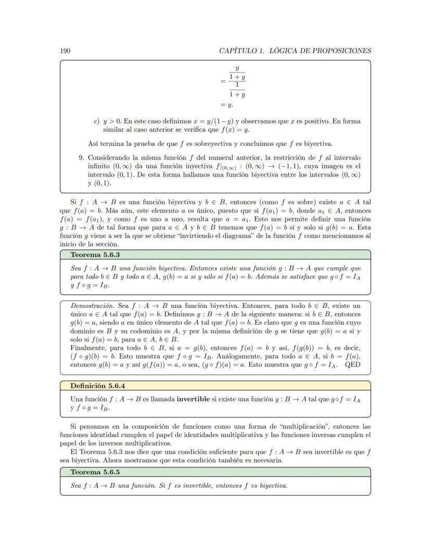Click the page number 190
pyautogui.click(x=66, y=51)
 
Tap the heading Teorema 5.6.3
pyautogui.click(x=95, y=255)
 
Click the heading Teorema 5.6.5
pyautogui.click(x=95, y=472)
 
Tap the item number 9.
pyautogui.click(x=81, y=157)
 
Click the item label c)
pyautogui.click(x=96, y=121)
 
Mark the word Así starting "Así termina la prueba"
pyautogui.click(x=94, y=144)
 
